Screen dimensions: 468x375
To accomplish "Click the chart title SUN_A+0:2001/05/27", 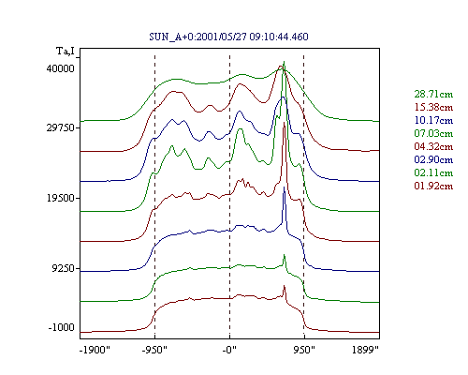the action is tap(198, 37).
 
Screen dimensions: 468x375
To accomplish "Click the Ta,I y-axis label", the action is tap(66, 51).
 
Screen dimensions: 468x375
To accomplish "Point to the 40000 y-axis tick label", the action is tap(61, 68).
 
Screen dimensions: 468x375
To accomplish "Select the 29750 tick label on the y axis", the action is tap(61, 127).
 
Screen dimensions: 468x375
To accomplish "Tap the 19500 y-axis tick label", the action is tap(61, 198).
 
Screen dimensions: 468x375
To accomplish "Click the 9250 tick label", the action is tap(64, 268).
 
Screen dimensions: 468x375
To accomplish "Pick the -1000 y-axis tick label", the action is tap(62, 327).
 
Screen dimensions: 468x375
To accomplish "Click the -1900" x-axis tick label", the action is tap(95, 350).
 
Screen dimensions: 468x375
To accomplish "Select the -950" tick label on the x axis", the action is tap(154, 350).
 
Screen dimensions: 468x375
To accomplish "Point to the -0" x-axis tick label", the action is tap(229, 350).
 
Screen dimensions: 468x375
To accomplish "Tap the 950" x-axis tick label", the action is tap(304, 350).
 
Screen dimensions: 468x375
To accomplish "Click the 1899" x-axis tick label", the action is tap(365, 350).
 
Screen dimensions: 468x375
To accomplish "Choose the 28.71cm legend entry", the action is tap(433, 94).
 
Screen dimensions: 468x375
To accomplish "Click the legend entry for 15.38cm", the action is tap(433, 107).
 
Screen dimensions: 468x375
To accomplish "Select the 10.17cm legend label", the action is tap(433, 120).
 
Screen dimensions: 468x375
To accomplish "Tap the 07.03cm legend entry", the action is tap(433, 133).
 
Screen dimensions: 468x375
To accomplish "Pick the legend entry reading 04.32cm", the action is tap(433, 146).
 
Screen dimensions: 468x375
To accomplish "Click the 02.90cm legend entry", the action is tap(433, 159).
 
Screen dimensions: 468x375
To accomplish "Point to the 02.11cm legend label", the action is tap(433, 172).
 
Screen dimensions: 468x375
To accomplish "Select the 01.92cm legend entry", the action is tap(433, 186).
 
